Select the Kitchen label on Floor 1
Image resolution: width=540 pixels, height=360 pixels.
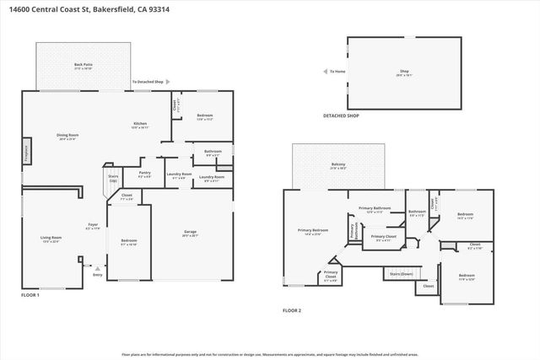tap(140, 124)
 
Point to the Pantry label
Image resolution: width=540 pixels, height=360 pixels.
tap(143, 173)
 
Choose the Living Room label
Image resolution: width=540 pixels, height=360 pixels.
tap(51, 238)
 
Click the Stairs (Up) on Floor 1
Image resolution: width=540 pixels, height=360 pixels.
tap(113, 179)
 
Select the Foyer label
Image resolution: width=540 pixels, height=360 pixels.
tap(93, 224)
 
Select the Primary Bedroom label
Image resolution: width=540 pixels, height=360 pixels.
tap(312, 230)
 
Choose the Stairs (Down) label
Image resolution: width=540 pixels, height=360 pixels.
tap(401, 274)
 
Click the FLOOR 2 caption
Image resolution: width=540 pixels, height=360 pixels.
tap(292, 310)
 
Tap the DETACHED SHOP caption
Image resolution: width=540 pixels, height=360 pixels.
tap(341, 116)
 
